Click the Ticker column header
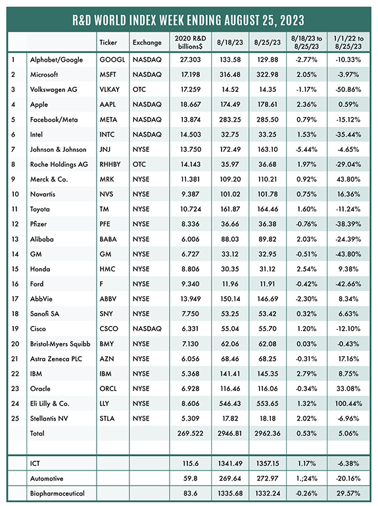[108, 42]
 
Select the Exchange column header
[147, 42]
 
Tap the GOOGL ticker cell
[112, 60]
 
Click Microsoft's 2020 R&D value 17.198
[191, 74]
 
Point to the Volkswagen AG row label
[54, 89]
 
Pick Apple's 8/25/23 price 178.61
[268, 104]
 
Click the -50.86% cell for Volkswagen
[348, 89]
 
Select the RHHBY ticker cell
[110, 164]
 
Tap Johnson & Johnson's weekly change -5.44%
[306, 149]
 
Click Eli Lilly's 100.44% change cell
[348, 403]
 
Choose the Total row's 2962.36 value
[268, 434]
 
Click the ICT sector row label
[35, 463]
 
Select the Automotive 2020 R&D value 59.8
[191, 478]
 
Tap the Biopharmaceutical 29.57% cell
[348, 493]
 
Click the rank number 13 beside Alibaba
[15, 239]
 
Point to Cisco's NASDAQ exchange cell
[147, 329]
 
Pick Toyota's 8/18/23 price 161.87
[230, 209]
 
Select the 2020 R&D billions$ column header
[191, 42]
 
